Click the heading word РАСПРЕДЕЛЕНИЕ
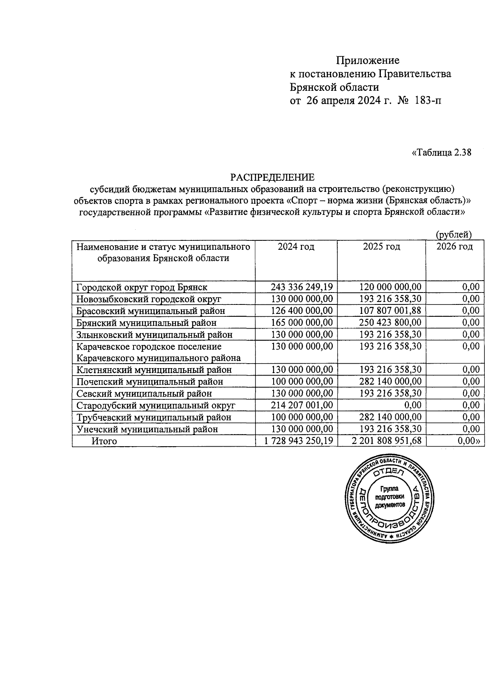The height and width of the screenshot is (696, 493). [272, 177]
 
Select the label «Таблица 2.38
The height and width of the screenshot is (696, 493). [441, 153]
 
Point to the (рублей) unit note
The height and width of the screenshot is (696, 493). [453, 235]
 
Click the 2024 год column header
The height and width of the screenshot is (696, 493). [296, 247]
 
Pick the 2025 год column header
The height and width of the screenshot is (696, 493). [381, 247]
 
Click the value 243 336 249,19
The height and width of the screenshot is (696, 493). [302, 287]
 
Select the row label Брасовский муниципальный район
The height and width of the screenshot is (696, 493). [151, 311]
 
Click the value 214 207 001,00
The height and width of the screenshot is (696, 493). [302, 405]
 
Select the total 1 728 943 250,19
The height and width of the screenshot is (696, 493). [299, 441]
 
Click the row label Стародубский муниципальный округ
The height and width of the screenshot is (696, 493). [156, 405]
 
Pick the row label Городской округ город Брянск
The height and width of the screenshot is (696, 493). [142, 287]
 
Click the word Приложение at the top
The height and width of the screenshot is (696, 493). [367, 61]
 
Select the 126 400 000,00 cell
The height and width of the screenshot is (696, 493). [302, 311]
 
